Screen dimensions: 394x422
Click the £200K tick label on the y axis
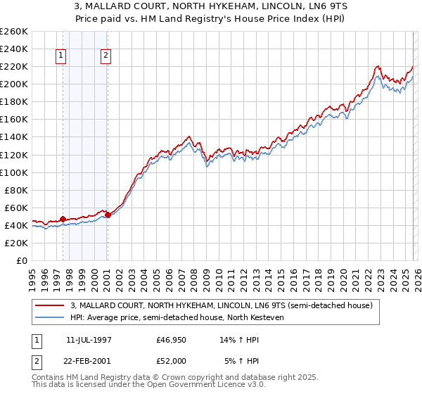pos(13,84)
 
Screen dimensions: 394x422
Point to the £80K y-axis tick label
pos(15,190)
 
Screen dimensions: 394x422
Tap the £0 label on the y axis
pos(22,260)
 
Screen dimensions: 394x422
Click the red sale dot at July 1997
pos(63,219)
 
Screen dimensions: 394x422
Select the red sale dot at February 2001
pos(108,215)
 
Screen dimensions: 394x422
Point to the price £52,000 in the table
pos(171,360)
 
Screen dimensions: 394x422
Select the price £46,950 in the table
pos(171,338)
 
